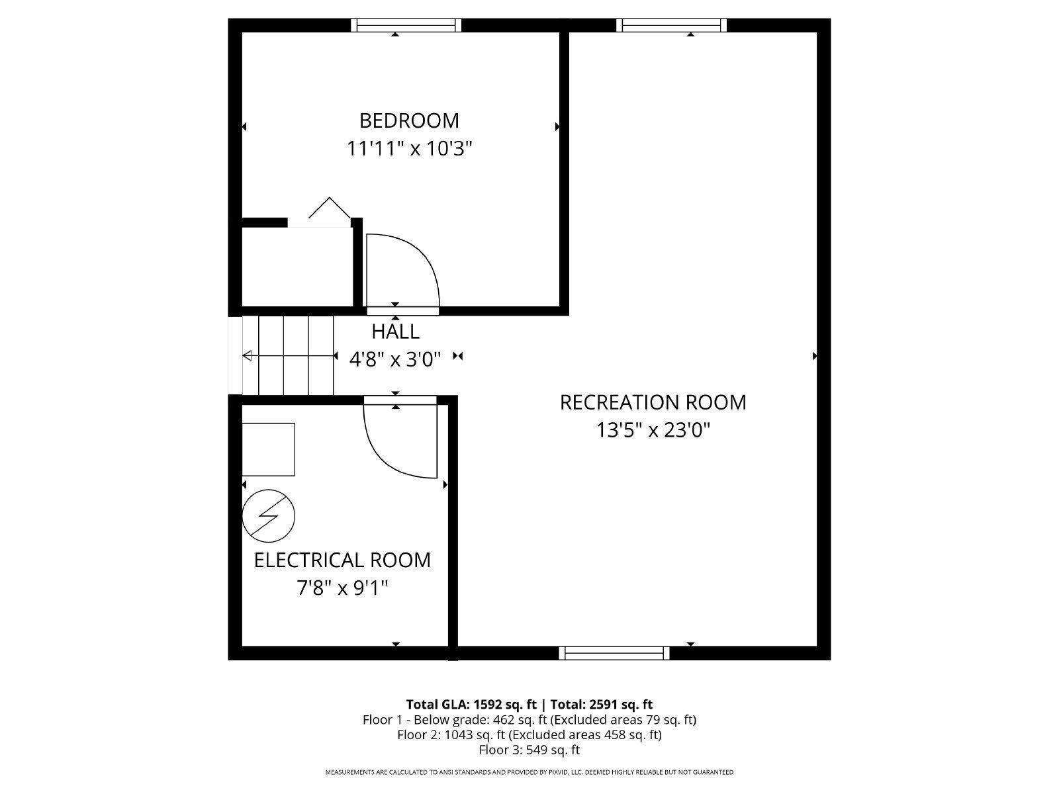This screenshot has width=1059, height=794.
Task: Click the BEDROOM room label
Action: tap(409, 120)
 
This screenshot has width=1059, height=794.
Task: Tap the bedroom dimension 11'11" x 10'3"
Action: tap(409, 148)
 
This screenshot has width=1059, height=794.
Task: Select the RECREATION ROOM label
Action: tap(653, 402)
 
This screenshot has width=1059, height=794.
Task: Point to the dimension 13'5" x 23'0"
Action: tap(653, 430)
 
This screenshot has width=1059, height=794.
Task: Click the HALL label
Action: tap(395, 331)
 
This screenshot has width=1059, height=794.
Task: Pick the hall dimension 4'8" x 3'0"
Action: tap(395, 359)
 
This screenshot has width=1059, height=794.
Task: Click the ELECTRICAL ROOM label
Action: tap(342, 560)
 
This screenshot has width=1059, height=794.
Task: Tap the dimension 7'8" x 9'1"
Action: tap(342, 588)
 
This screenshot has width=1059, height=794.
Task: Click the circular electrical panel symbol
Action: tap(268, 516)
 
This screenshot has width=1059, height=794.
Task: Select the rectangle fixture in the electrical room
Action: tap(268, 449)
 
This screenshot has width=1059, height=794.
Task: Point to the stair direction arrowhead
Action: tap(247, 356)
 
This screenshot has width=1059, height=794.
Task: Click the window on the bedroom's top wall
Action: tap(406, 25)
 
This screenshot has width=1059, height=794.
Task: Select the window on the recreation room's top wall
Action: tap(671, 25)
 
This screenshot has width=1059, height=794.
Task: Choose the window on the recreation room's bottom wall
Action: tap(614, 653)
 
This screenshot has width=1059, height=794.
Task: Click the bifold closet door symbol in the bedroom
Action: tap(330, 208)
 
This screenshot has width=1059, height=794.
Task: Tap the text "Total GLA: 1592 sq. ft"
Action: tap(471, 704)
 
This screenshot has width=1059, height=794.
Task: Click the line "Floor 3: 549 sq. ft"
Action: tap(529, 750)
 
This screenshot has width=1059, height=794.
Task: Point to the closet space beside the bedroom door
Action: tap(297, 266)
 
